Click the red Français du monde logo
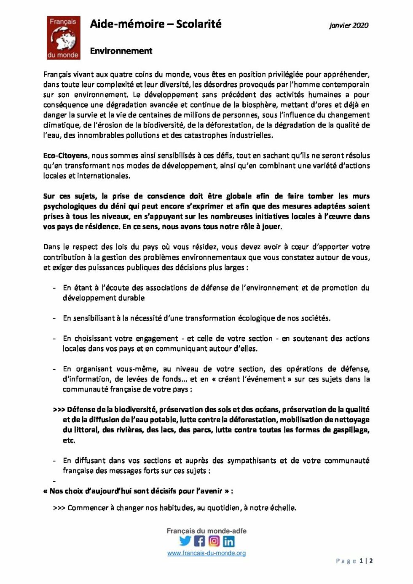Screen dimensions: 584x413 click(63, 38)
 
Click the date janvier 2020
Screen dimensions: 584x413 click(349, 25)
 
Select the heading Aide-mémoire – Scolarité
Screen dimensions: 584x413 click(156, 24)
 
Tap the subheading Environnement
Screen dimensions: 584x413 click(121, 51)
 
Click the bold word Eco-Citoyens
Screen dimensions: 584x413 click(66, 155)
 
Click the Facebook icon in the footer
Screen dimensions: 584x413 click(200, 541)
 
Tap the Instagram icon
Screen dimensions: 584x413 click(214, 541)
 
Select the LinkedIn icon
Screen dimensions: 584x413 click(228, 541)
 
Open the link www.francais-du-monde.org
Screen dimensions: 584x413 click(206, 553)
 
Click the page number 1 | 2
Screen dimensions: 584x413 click(366, 561)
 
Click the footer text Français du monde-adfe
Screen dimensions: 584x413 click(206, 531)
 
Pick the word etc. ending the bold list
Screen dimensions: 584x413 click(69, 440)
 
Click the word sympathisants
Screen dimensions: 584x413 click(252, 461)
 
